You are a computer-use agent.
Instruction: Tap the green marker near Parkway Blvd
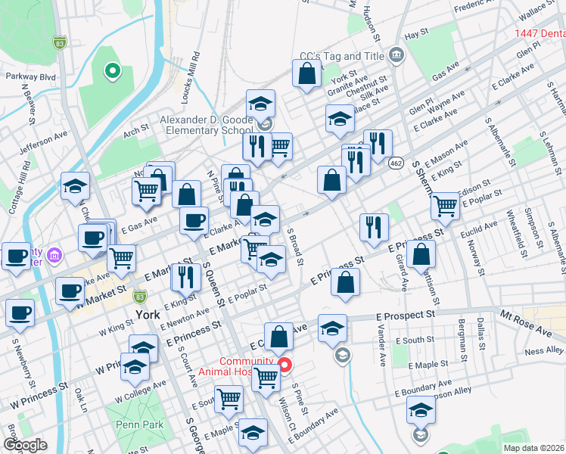[x=112, y=72]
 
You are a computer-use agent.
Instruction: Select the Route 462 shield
[x=396, y=163]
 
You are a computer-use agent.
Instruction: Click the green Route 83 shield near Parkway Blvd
[x=59, y=43]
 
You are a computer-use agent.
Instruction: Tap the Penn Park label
[x=140, y=424]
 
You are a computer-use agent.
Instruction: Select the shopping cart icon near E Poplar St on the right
[x=445, y=204]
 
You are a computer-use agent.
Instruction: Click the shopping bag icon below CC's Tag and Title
[x=307, y=74]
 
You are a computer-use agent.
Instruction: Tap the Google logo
[x=26, y=445]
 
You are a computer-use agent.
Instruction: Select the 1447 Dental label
[x=540, y=33]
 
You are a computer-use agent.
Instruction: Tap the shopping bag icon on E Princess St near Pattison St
[x=421, y=256]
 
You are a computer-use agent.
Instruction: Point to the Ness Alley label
[x=544, y=350]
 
